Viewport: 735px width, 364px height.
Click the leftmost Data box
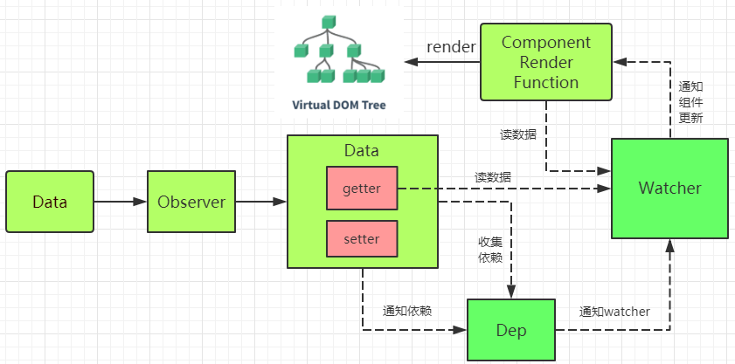[x=50, y=202]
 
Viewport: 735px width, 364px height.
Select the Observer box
[x=191, y=202]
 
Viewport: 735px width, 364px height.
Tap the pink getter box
[x=361, y=188]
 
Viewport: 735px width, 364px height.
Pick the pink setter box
[x=361, y=238]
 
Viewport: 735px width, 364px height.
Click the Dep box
[x=510, y=330]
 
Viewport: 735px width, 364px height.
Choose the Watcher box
[x=669, y=188]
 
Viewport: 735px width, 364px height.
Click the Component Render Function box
[x=546, y=62]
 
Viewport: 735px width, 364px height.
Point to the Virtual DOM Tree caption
[x=338, y=105]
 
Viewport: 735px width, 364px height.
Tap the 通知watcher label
[x=614, y=311]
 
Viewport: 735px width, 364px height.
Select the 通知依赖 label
[x=406, y=311]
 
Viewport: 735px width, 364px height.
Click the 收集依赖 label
[x=489, y=249]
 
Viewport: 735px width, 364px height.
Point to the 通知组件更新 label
[x=690, y=102]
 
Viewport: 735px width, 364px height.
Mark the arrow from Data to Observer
[x=120, y=202]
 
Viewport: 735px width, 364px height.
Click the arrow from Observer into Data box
[x=261, y=202]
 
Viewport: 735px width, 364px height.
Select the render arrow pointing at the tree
[x=441, y=62]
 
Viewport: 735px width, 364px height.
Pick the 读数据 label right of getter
[x=494, y=177]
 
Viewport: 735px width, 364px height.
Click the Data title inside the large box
[x=362, y=150]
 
